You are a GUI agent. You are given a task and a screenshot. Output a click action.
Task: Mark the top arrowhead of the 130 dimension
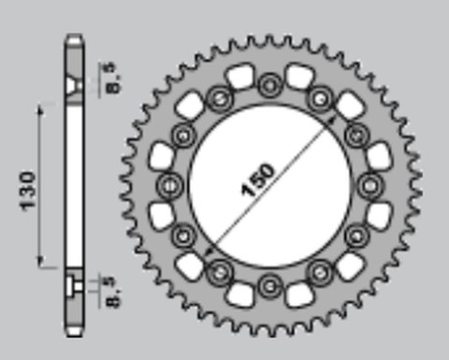point(40,110)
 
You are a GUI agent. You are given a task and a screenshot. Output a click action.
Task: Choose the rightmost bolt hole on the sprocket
point(369,182)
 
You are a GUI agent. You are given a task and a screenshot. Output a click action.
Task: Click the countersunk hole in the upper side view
point(72,87)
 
